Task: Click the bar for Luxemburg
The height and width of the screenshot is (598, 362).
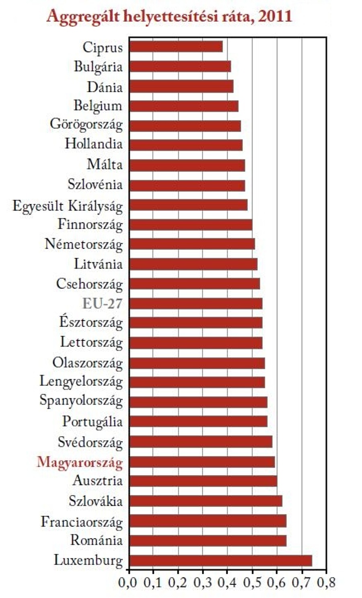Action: point(220,561)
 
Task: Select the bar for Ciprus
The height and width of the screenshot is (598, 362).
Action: point(176,47)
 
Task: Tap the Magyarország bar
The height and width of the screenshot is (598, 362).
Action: point(202,462)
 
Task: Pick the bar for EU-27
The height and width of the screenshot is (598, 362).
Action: point(195,303)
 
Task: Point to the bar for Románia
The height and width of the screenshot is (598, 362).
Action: point(208,540)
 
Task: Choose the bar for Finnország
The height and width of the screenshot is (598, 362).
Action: point(191,224)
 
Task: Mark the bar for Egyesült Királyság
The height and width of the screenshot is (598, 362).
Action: point(188,205)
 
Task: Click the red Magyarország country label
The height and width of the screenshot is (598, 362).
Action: point(80,462)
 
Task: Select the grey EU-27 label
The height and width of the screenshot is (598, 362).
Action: point(102,303)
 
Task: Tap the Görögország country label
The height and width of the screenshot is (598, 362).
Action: point(86,125)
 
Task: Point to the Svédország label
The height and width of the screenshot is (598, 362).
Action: point(90,443)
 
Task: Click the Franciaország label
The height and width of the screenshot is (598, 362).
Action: point(82,522)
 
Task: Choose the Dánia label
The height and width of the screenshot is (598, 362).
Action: point(105,87)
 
